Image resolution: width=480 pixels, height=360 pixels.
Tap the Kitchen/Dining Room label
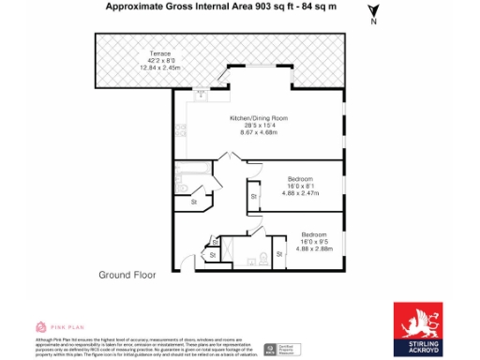(x=259, y=118)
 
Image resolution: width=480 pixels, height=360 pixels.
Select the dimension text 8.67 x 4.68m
(x=259, y=133)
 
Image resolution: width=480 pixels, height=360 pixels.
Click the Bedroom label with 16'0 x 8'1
(x=301, y=179)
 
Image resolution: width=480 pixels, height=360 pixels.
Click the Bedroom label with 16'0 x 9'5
(x=314, y=233)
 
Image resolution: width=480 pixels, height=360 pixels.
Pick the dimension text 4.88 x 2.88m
(x=315, y=248)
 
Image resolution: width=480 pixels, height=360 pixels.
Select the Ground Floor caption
(x=127, y=275)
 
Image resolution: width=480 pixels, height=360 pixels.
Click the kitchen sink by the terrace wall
(x=202, y=93)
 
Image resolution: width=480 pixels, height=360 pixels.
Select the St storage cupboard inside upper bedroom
(x=253, y=196)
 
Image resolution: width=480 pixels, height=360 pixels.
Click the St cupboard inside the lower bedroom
(x=280, y=253)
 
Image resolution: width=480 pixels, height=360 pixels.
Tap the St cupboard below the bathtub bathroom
(x=193, y=202)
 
